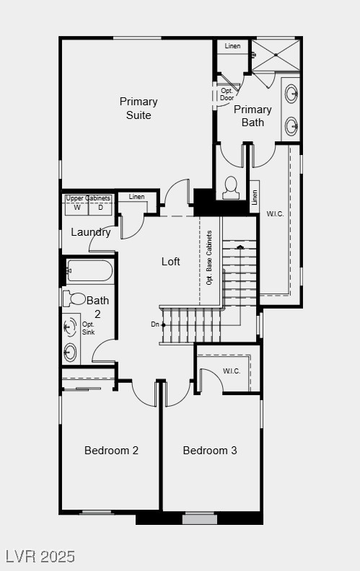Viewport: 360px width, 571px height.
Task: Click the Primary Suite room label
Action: [139, 108]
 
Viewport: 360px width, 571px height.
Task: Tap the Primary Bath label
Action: [253, 116]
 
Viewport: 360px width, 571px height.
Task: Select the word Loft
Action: [170, 262]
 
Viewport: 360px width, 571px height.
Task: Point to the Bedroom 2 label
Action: [111, 451]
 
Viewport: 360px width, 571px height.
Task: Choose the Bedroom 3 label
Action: [210, 451]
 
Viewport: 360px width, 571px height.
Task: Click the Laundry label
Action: [91, 232]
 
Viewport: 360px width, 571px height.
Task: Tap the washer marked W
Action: [77, 208]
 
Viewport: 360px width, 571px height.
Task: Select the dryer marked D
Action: [100, 208]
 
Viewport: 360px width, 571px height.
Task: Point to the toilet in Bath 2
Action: [75, 298]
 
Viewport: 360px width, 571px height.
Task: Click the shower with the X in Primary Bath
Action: [274, 55]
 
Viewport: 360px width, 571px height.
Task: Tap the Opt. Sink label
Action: [88, 328]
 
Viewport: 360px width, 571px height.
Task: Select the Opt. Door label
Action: [227, 94]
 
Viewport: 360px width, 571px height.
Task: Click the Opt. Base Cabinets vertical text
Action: [209, 257]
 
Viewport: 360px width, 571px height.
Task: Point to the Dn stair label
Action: [155, 324]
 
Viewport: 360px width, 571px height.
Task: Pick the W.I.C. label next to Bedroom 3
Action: [232, 371]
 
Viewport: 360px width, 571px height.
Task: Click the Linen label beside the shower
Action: [232, 47]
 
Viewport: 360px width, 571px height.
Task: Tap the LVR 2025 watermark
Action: [40, 557]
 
